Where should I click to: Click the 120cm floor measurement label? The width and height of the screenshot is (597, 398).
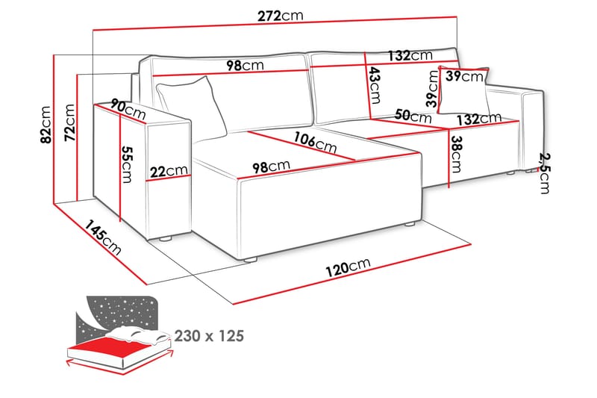[x=348, y=267]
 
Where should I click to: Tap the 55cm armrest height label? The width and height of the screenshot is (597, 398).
[x=127, y=164]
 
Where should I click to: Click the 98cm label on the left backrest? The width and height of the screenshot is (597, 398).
[x=245, y=65]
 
